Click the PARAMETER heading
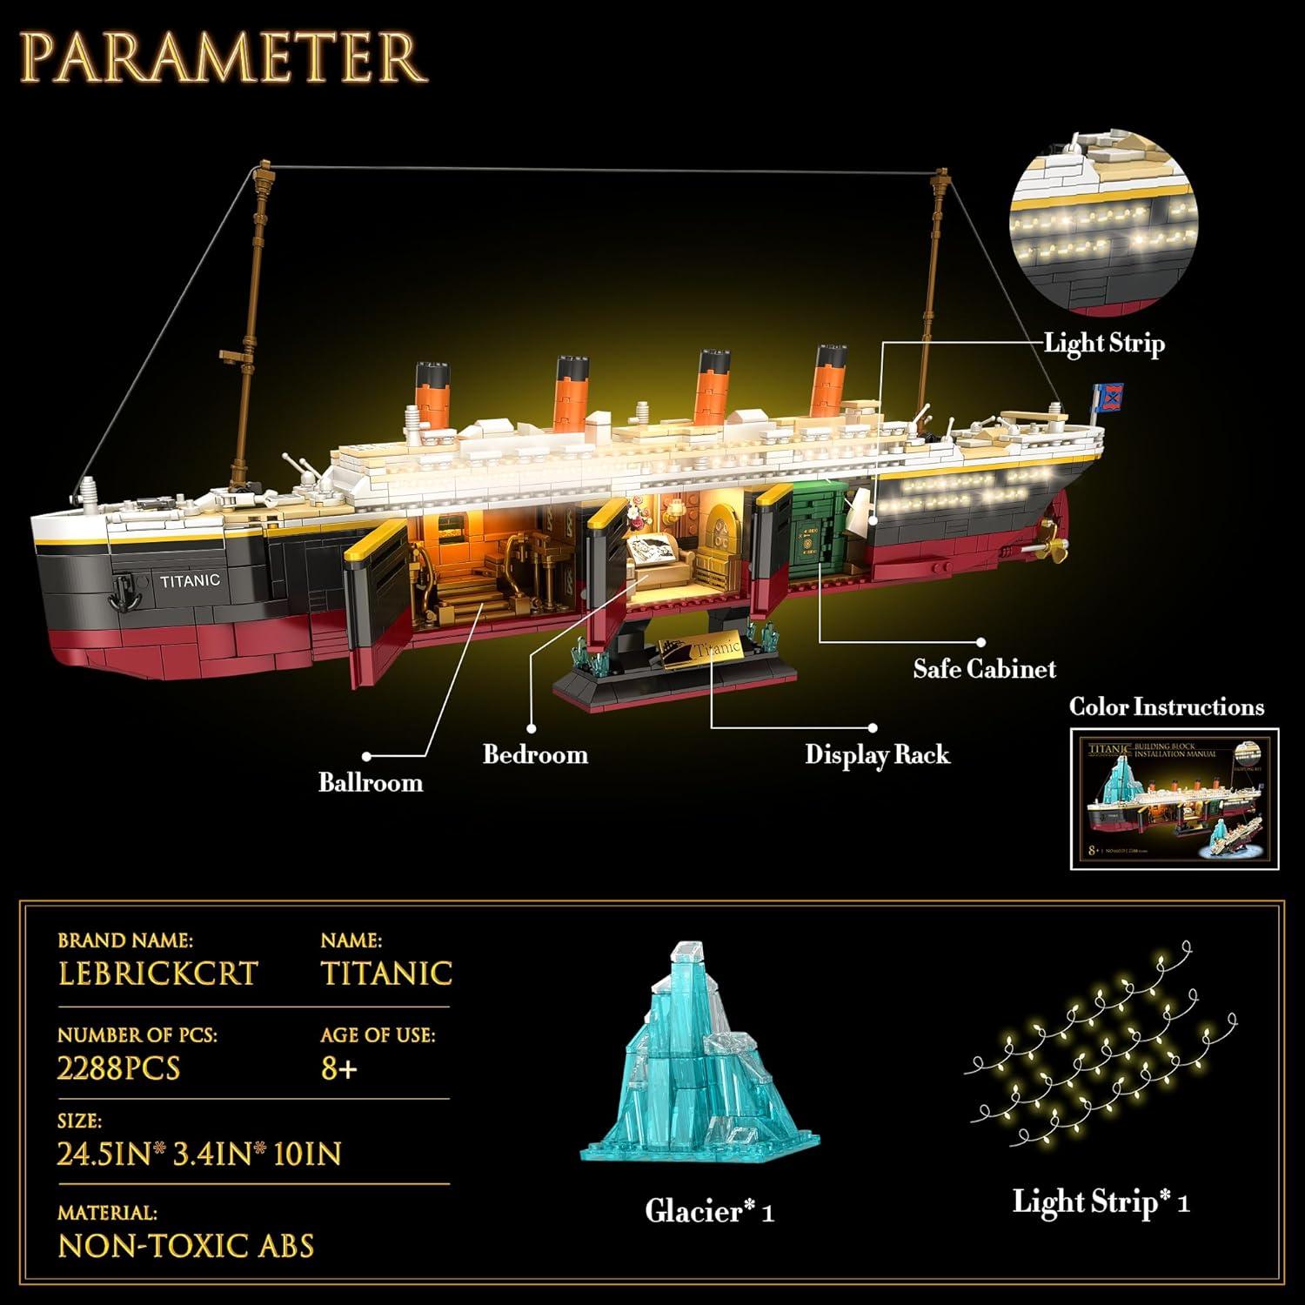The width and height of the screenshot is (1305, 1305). coord(224,57)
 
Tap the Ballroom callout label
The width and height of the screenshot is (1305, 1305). coord(371,782)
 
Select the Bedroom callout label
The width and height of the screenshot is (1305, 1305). coord(535,753)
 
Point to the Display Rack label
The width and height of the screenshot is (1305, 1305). coord(877,753)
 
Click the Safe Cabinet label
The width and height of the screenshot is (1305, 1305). coord(984,668)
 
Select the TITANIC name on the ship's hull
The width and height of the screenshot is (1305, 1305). coord(190,580)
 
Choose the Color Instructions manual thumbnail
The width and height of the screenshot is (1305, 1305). coord(1174,798)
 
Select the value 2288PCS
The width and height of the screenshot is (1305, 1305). coord(118,1067)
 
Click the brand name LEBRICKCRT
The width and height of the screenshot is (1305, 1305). coord(157,973)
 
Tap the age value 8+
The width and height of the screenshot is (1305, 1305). coord(339,1067)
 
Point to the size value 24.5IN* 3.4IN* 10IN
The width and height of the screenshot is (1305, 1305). coord(199,1154)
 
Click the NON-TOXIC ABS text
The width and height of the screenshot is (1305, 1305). coord(185,1246)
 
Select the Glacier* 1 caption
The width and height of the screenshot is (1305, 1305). coord(709,1211)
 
